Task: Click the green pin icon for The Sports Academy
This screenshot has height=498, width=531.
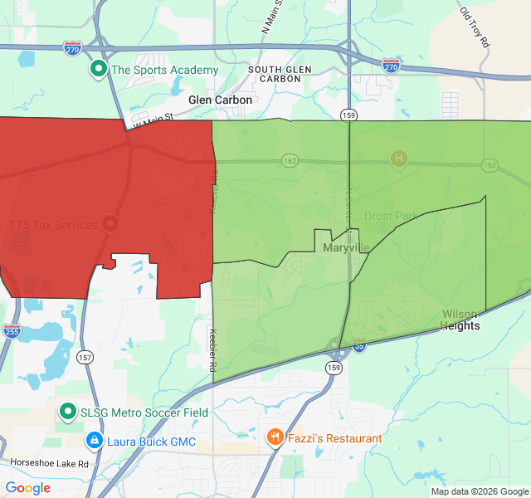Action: pos(99,70)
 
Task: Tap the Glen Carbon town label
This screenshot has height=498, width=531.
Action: pos(220,100)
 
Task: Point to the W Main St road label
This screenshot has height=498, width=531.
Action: pos(153,121)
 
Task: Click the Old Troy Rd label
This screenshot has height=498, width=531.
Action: pos(475,27)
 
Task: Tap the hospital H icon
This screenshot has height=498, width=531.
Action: pos(398,158)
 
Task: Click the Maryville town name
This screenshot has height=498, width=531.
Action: pos(346,247)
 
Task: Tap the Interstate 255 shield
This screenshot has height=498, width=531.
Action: pos(11,330)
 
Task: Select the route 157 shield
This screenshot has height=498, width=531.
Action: pos(85,357)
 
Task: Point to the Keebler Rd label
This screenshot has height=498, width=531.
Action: pos(212,349)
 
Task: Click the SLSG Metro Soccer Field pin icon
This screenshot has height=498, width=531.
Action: pos(68,412)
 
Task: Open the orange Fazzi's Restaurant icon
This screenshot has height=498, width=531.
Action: pos(275,437)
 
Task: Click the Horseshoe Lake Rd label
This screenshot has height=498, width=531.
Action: pos(49,463)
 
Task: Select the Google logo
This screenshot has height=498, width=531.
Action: pos(28,488)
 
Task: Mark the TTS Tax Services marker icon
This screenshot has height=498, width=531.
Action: pos(110,224)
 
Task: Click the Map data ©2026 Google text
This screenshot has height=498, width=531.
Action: pos(479,491)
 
